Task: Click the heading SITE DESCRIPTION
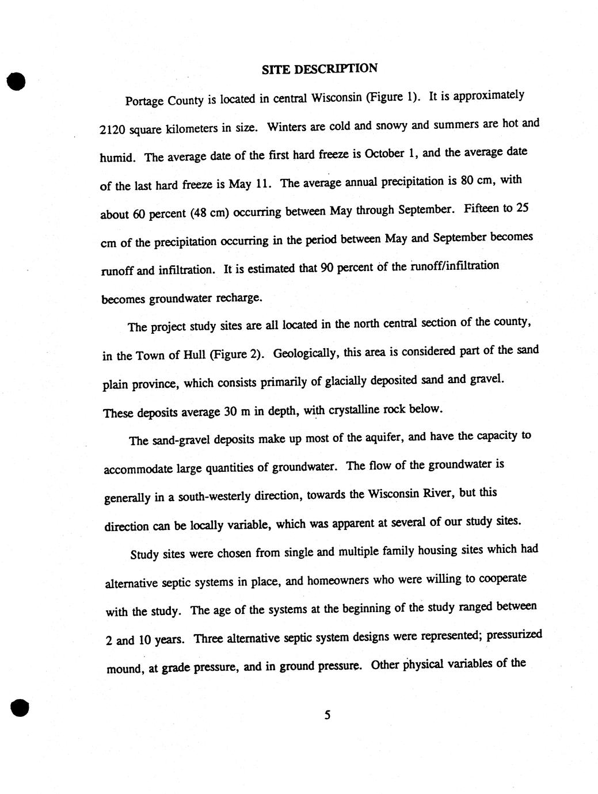click(319, 68)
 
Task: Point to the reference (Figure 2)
click(237, 353)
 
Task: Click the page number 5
click(327, 715)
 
